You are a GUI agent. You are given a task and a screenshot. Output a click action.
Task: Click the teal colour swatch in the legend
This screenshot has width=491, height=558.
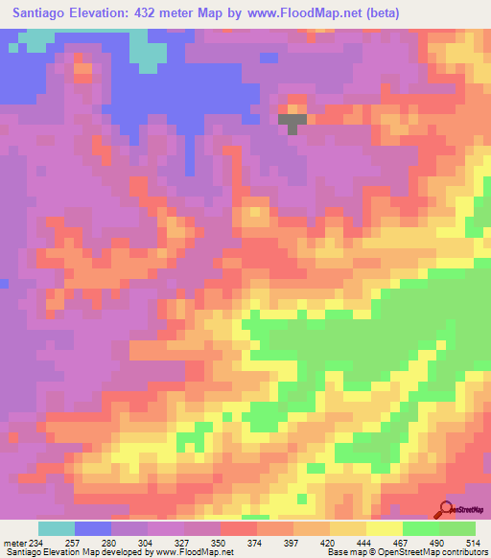point(57,528)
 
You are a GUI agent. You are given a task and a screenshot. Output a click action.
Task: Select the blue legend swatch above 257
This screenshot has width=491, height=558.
point(93,528)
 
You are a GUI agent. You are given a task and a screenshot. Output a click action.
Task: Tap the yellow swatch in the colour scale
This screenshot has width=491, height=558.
point(385,528)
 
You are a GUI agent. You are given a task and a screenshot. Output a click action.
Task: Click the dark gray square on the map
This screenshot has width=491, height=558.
point(292,121)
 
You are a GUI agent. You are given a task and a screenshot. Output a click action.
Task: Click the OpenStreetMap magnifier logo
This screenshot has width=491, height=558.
point(447,509)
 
